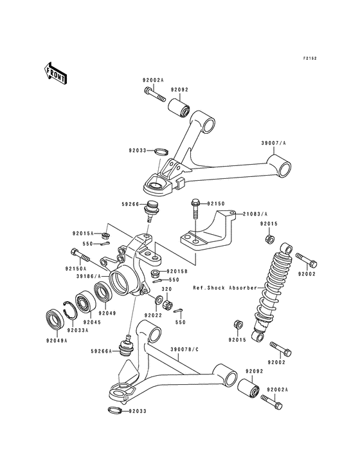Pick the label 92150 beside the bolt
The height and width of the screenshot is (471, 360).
point(215,203)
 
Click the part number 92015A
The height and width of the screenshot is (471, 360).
point(84,233)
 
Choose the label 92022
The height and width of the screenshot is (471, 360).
point(153,315)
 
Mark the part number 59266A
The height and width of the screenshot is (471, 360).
point(102,351)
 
